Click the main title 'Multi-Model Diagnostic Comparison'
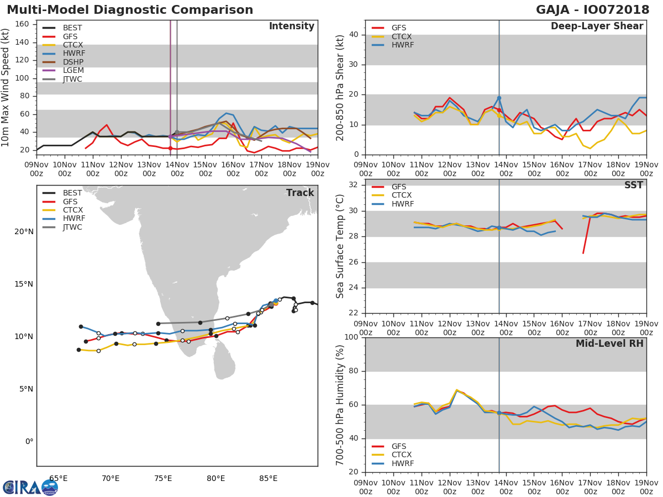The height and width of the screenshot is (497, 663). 130,10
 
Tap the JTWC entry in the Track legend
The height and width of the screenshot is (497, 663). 72,227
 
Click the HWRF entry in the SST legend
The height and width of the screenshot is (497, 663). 402,204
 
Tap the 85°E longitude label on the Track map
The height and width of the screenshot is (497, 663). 269,478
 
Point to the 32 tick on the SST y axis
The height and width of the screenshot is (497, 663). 353,185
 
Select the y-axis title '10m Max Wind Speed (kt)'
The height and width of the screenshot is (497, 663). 6,88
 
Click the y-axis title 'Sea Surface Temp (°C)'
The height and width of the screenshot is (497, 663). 340,246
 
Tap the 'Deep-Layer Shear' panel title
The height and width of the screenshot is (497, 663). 597,27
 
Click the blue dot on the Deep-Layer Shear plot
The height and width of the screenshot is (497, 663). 499,98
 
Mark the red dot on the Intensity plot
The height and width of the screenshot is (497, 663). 170,148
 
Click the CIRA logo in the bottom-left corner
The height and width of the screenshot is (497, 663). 30,488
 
